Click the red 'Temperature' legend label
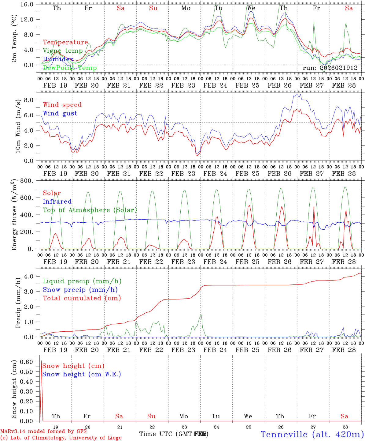(65, 42)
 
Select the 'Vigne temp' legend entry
(63, 51)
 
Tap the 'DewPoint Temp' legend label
(70, 68)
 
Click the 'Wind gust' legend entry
(60, 113)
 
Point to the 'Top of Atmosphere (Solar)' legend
(90, 210)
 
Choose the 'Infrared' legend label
(57, 202)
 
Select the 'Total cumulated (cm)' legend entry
(82, 298)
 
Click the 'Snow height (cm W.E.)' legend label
(82, 374)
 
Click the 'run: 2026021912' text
(330, 68)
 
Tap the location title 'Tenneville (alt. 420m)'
(312, 434)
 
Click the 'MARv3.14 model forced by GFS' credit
(43, 432)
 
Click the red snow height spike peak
(41, 361)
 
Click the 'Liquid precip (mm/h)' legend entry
(82, 281)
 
